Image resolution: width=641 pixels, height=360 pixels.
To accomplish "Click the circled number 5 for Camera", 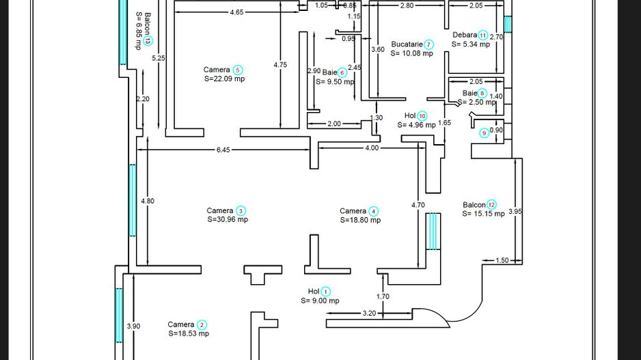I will [x=237, y=70].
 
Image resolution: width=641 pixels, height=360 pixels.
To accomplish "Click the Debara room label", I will [x=464, y=35].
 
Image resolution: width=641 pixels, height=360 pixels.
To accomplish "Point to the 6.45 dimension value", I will [x=223, y=149].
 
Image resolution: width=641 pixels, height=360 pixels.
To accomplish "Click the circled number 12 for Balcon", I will [x=491, y=204].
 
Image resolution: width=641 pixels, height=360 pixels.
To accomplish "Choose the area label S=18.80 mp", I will [x=360, y=220].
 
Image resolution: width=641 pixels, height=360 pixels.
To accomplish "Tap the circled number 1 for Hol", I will [x=325, y=291].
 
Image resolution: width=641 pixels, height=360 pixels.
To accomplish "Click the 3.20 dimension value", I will [x=368, y=314].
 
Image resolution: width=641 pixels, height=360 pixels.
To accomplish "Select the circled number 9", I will [x=484, y=133].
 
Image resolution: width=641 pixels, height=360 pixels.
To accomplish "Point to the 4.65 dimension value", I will [x=236, y=12].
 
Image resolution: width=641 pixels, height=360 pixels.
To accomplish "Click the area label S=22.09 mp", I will [x=224, y=79].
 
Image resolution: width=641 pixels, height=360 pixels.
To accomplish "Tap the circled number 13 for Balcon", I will [x=148, y=42].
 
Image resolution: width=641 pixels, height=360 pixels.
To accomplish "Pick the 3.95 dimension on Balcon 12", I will [x=517, y=212].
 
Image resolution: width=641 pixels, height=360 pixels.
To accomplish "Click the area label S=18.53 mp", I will [x=189, y=333].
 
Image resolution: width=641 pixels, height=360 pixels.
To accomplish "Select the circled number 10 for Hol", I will [x=422, y=115].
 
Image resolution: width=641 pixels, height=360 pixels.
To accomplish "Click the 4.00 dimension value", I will [x=371, y=148].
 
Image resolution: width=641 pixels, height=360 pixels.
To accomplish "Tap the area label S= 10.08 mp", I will [x=412, y=53].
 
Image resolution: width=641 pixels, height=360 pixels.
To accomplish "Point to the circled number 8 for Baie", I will [x=482, y=93].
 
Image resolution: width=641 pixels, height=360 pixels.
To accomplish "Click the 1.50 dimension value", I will [x=502, y=260].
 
